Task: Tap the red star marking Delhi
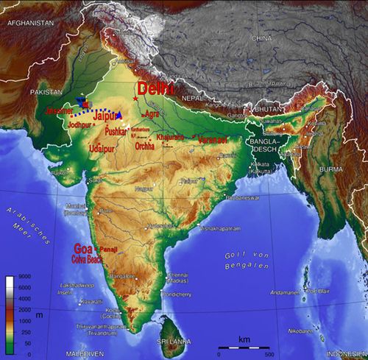tap(135, 98)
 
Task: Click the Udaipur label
tap(102, 149)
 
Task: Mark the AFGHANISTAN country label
tap(30, 24)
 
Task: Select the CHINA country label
tap(261, 38)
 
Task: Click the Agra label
tap(152, 114)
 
